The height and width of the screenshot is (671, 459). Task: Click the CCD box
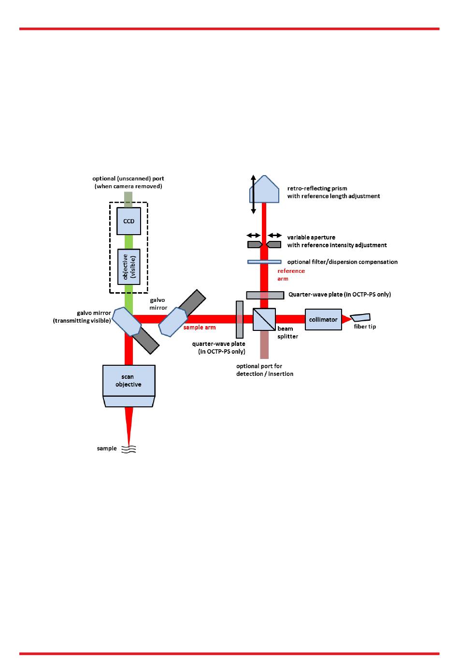pos(129,221)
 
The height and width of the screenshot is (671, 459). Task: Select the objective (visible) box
pos(129,267)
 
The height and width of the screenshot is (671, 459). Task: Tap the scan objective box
pos(129,380)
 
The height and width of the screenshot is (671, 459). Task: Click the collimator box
pos(323,320)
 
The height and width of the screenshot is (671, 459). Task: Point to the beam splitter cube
pos(264,319)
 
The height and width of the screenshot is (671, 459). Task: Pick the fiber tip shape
pos(360,317)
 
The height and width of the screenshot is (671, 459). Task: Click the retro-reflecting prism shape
pos(264,190)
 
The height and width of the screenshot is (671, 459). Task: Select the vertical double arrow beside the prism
pos(253,194)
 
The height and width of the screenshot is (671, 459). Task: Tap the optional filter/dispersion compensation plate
pos(264,262)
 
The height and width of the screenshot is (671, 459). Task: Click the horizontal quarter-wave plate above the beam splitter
pos(265,295)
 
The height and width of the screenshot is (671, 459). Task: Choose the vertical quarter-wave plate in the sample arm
pos(240,319)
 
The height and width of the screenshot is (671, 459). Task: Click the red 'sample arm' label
pos(200,328)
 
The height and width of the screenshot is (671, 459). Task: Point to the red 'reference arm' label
pos(291,275)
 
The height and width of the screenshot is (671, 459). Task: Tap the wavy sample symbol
pos(129,449)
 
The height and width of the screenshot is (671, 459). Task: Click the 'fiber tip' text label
pos(365,327)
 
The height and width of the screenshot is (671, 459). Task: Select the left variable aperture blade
pos(255,245)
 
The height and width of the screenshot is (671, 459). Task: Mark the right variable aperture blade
pos(274,245)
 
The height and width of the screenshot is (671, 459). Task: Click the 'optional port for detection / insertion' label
pos(265,370)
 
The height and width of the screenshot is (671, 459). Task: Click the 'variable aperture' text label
pos(311,238)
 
